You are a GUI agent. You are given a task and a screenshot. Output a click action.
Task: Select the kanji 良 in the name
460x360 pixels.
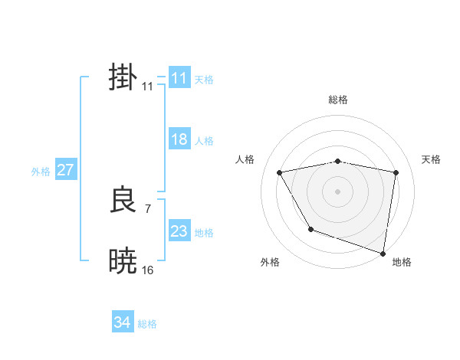coord(123,201)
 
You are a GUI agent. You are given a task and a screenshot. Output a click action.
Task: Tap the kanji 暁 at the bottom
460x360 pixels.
coord(123,261)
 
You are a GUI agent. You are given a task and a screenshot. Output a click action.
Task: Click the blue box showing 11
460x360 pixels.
coord(179,78)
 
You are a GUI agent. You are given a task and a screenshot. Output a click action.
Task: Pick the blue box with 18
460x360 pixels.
coord(179,139)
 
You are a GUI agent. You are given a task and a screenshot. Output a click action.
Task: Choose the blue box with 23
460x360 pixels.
coord(179,231)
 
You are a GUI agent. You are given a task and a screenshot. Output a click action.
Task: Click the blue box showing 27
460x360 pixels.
coord(65,170)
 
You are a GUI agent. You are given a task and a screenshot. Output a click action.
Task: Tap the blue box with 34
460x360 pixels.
coord(122,322)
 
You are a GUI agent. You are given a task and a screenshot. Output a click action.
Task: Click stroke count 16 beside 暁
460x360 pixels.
coord(148,270)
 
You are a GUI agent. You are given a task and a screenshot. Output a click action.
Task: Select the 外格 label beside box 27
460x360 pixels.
coord(41,172)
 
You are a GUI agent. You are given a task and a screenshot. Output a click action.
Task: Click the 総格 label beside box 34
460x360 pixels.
coord(147,324)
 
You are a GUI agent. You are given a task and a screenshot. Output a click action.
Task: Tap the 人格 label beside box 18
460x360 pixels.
coord(204,141)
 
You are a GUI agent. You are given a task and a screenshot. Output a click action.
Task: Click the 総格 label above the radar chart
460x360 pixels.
coord(337,100)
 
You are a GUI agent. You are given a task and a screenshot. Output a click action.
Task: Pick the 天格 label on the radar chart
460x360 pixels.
coord(432,159)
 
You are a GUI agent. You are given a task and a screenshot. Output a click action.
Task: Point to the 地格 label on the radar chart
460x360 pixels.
coord(402,262)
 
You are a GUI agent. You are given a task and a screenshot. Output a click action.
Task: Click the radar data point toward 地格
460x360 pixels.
coord(383,253)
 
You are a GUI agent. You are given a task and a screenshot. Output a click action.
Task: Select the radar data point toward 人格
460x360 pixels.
coord(280,173)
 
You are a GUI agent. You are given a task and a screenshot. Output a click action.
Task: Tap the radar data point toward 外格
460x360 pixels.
coord(310,229)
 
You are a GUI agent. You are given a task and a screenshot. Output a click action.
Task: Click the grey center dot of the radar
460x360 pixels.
coord(337,191)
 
